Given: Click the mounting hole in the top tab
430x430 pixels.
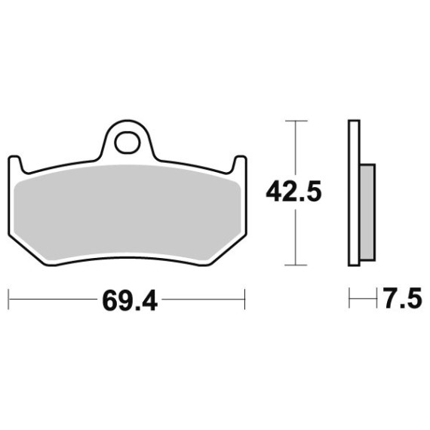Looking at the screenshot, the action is (127, 143).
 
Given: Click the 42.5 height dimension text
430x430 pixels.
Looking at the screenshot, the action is (293, 192).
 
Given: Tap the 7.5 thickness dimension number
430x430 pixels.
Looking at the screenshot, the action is (403, 298).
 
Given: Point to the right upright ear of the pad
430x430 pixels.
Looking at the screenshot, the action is (239, 164).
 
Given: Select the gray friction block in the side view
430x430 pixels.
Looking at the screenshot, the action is (367, 213).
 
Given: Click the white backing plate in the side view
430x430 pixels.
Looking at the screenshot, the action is (354, 193).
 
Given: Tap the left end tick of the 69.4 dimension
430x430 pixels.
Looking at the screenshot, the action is (8, 299).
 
